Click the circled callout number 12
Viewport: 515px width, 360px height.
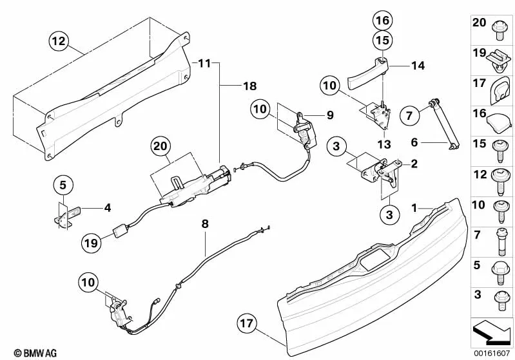point(59,42)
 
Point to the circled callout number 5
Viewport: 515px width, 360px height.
point(63,185)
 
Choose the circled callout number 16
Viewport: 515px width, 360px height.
point(382,20)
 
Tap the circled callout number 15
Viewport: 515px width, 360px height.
point(382,41)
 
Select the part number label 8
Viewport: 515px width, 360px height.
point(205,225)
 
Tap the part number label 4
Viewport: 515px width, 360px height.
point(108,207)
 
